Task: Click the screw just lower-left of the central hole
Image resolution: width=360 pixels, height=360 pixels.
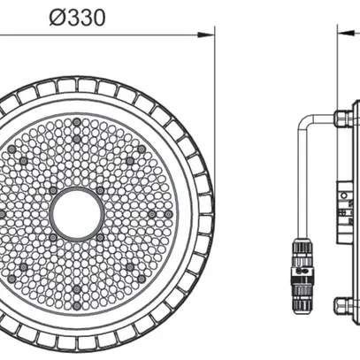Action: [x=52, y=237]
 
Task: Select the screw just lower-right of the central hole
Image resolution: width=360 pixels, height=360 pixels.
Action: [x=99, y=237]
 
